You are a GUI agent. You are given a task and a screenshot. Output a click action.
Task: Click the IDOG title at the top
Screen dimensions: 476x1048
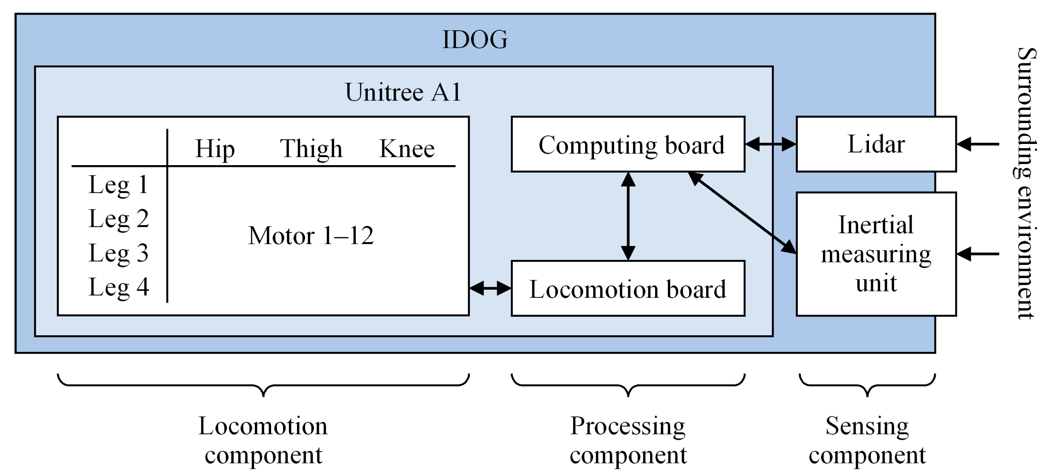(475, 40)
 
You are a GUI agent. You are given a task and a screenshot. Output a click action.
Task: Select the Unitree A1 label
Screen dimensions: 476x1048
(403, 92)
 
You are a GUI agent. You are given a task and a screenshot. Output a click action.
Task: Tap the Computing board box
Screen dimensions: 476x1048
(628, 145)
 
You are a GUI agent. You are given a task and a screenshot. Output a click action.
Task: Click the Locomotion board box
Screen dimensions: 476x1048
(628, 289)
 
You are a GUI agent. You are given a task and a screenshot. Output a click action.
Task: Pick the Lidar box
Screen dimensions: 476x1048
(876, 144)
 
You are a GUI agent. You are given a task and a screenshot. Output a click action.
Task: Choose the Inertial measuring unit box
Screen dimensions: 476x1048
(876, 254)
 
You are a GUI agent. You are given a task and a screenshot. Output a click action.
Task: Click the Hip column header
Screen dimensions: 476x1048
(215, 149)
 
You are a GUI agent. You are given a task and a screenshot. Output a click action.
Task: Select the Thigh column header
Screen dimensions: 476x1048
(311, 149)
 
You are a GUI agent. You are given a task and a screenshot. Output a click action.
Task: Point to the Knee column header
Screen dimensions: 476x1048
(407, 149)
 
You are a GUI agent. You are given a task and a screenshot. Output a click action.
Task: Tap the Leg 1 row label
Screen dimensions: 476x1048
(118, 185)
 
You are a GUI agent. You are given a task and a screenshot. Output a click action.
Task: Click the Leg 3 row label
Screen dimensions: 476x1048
(118, 253)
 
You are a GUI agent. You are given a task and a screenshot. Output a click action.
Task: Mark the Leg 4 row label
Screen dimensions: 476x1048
(118, 288)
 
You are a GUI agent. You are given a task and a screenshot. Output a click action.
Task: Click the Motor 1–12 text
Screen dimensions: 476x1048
(311, 236)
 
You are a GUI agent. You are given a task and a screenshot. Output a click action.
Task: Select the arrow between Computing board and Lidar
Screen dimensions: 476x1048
(771, 144)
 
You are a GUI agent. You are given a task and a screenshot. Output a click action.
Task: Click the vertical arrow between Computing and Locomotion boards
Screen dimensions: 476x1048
(628, 216)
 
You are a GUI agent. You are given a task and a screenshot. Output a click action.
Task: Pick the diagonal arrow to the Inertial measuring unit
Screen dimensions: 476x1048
(741, 212)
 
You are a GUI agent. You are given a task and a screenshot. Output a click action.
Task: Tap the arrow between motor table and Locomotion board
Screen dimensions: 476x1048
(490, 288)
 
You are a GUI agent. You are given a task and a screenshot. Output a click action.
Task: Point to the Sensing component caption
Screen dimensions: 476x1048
(867, 440)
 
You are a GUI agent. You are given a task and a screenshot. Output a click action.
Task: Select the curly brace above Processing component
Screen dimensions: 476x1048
(628, 385)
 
